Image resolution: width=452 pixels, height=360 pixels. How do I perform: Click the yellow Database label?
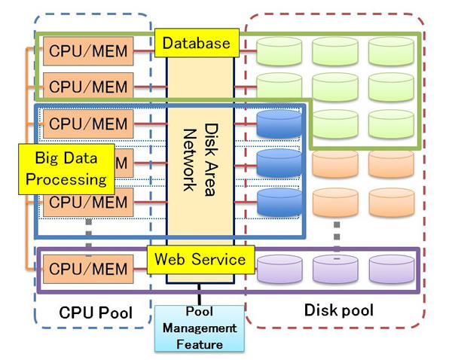click(x=197, y=44)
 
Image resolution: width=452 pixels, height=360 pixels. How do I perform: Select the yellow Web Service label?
click(x=200, y=260)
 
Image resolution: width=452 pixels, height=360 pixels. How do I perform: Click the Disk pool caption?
click(x=339, y=310)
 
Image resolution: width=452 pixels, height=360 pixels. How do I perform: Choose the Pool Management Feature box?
click(x=200, y=328)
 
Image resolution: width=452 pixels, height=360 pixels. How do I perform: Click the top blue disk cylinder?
click(x=279, y=124)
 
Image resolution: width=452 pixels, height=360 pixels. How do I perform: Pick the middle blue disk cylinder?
click(x=279, y=162)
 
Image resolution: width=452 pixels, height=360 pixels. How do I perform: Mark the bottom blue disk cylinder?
click(x=279, y=201)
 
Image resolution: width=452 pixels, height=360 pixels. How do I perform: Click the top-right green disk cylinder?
click(x=391, y=50)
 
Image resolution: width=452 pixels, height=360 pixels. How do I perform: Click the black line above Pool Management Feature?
click(x=200, y=294)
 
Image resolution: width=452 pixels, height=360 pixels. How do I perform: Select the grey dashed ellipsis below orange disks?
click(x=337, y=233)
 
